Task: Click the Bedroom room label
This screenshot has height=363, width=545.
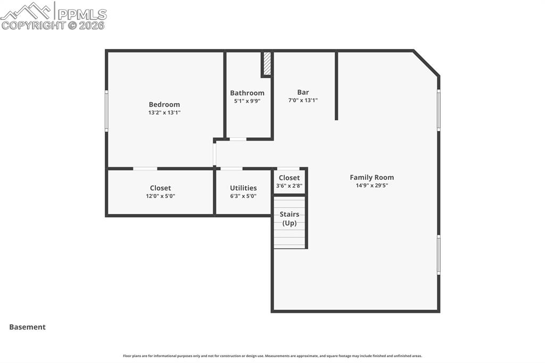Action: coord(164,104)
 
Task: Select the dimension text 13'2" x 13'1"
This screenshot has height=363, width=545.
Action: coord(164,113)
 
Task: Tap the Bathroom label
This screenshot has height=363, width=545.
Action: coord(247,93)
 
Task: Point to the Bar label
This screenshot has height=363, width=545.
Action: coord(303,92)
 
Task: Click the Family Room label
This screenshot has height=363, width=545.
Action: coord(371,177)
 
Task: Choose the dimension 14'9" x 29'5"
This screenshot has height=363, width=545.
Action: coord(371,186)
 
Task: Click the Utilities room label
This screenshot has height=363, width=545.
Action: coord(243,188)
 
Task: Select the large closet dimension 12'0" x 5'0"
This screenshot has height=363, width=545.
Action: coord(160,196)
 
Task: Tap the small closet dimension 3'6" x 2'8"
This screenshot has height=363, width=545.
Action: coord(289,186)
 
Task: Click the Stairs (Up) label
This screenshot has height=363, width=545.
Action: coord(290,218)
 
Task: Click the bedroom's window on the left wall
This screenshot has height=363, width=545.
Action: coord(106,111)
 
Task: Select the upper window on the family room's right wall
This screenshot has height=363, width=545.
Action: coord(439,110)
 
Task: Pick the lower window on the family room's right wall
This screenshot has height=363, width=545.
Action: coord(439,254)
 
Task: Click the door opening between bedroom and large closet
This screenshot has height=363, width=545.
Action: coord(145,169)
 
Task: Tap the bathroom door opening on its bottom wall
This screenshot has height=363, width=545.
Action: coord(237,139)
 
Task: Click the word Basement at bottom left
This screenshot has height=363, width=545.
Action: coord(27,327)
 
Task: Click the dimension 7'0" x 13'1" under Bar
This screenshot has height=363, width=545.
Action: coord(303,100)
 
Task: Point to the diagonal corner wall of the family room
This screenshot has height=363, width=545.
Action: coord(426,63)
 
